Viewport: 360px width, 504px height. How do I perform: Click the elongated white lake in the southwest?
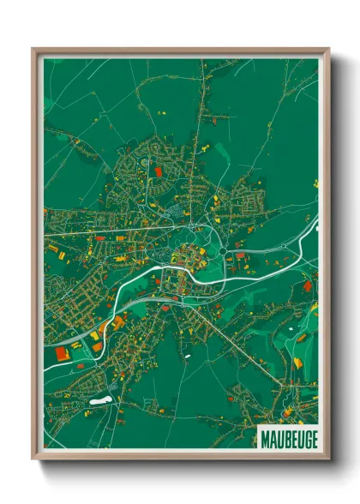[x=98, y=400]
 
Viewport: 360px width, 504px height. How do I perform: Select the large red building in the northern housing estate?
[x=158, y=172]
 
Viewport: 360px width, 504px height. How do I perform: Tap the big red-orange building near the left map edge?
[x=61, y=352]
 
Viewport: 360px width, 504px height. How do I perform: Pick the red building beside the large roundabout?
[x=240, y=255]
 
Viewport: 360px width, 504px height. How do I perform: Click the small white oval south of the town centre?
[x=186, y=354]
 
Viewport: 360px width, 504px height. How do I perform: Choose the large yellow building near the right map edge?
[x=297, y=363]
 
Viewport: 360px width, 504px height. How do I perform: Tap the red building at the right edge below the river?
[x=308, y=285]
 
